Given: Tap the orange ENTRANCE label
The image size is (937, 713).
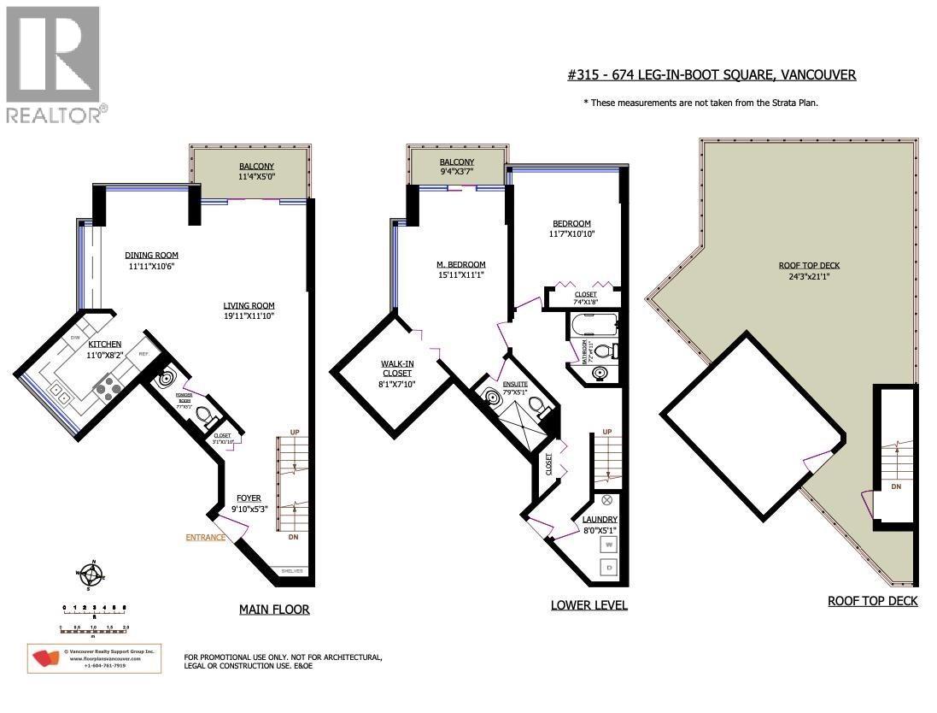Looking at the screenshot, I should [205, 538].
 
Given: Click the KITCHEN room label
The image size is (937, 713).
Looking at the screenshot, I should [105, 344].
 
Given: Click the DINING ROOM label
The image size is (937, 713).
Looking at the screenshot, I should [151, 255].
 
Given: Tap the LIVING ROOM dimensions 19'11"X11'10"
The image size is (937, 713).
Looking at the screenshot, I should [249, 316].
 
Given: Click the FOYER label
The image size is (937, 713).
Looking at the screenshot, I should [249, 498].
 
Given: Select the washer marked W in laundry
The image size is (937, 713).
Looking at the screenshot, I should [609, 544].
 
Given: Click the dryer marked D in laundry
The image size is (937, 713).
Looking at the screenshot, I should [609, 567].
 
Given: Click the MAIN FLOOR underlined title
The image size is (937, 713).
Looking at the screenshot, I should [273, 610].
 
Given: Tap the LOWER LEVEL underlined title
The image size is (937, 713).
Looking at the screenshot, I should [589, 605].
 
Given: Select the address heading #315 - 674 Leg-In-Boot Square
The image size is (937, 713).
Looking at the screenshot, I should [712, 75].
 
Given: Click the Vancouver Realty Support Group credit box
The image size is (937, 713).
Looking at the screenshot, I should [94, 657].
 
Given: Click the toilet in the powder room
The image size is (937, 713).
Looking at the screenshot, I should [203, 415].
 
